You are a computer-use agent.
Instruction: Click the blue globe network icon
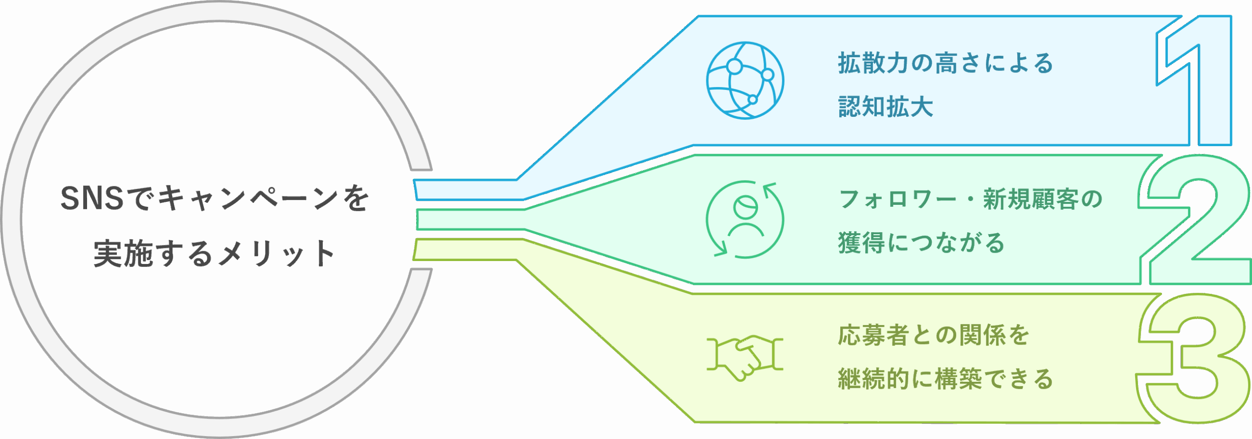pos(745,80)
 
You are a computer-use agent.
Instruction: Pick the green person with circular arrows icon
pos(745,219)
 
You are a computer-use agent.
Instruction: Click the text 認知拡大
pos(886,107)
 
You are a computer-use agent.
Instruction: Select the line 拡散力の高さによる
pos(945,63)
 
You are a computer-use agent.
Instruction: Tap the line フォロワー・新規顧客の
pos(970,199)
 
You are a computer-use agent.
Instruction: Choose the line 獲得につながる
pos(921,243)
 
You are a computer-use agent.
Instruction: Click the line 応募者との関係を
pos(934,335)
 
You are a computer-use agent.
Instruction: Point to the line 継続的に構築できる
pos(945,379)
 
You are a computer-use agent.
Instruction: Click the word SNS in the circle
pos(92,198)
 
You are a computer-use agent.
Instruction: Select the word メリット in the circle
pos(276,253)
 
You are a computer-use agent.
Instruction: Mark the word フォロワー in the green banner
pos(897,199)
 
